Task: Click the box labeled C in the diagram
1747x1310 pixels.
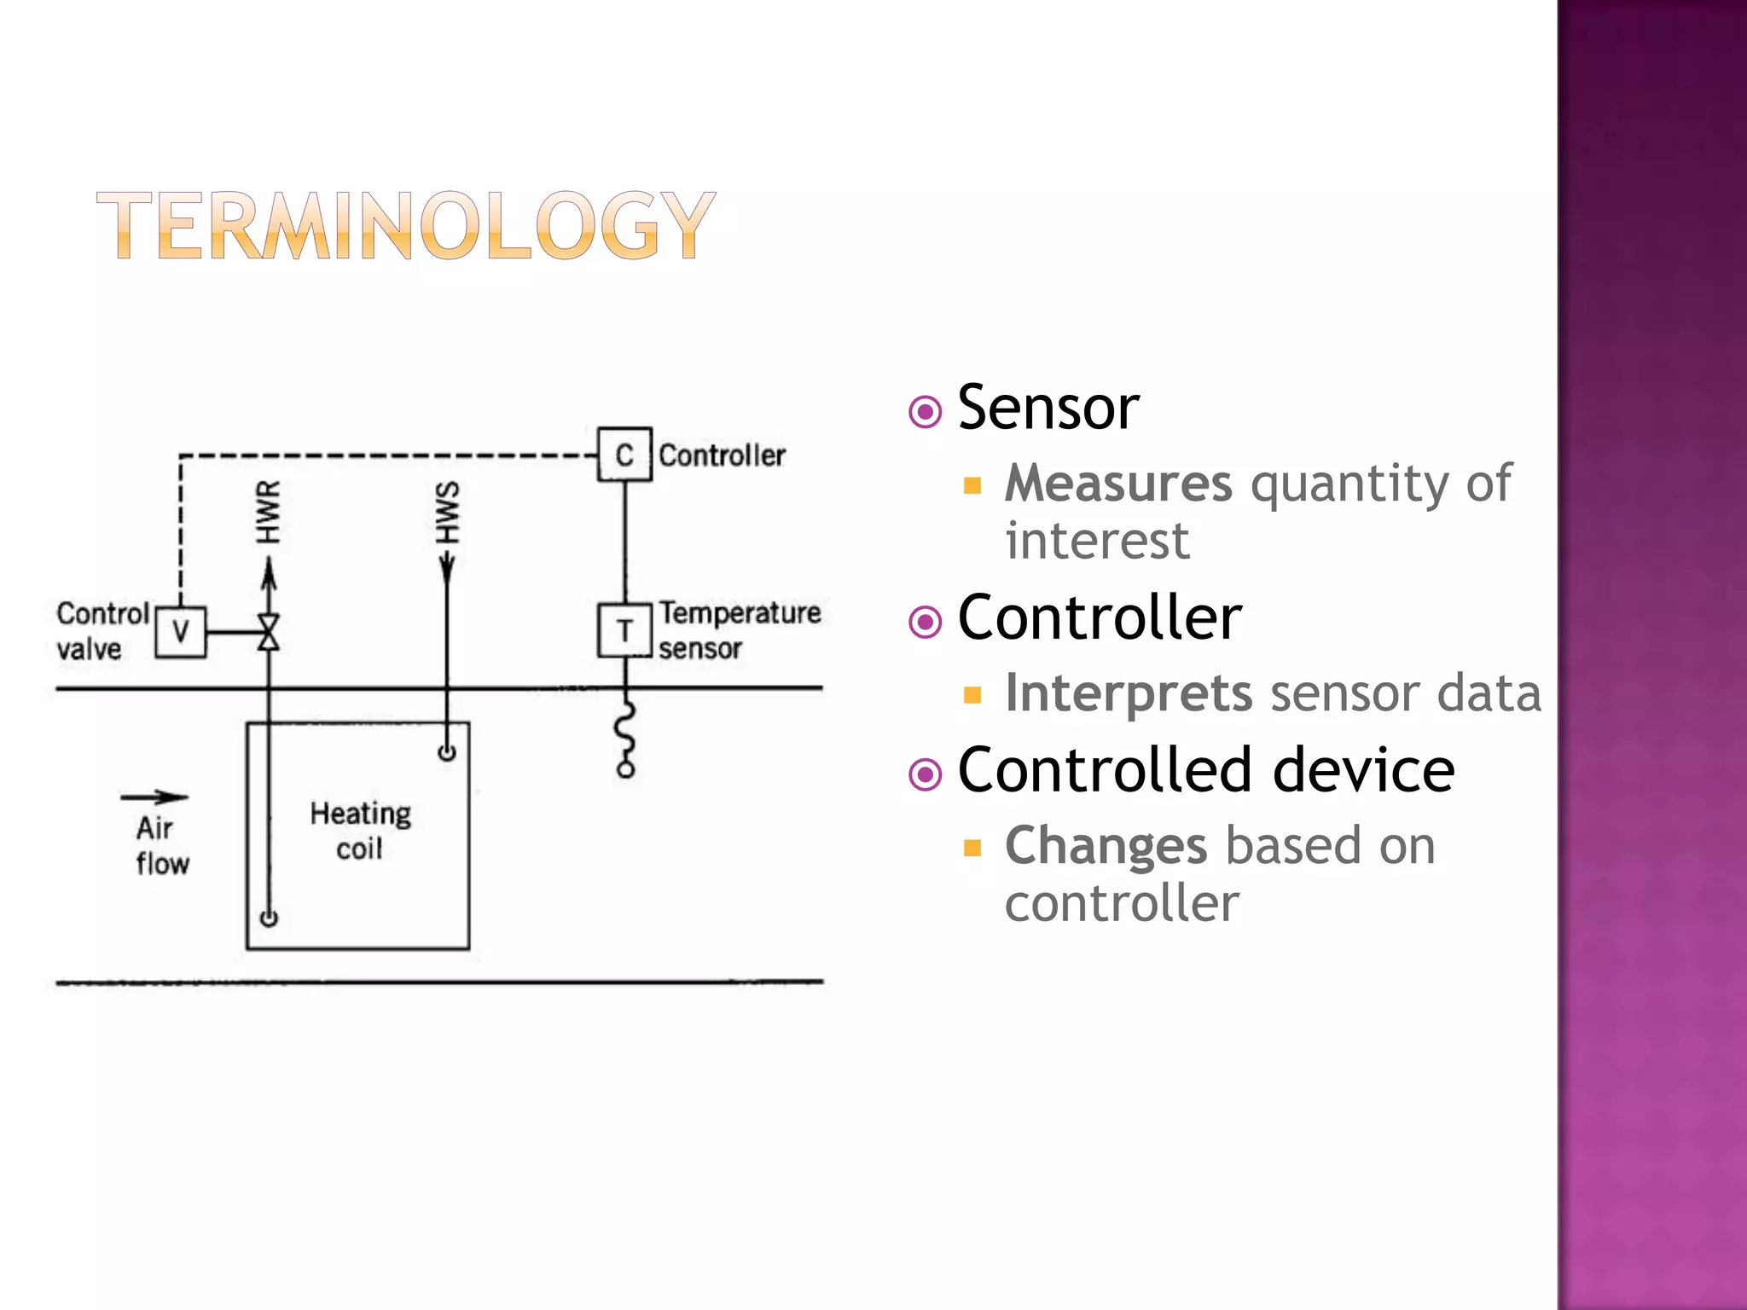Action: point(624,455)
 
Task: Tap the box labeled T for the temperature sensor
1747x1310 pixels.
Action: point(624,631)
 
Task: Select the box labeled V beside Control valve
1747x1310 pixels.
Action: point(180,632)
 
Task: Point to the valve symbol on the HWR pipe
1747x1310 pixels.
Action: point(269,632)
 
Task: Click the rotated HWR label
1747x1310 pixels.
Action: point(268,512)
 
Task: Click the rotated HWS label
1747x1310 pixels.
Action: point(447,512)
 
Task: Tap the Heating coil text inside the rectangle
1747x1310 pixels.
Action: point(360,831)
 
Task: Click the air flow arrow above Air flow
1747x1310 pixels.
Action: point(154,797)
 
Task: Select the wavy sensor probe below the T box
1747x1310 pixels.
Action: point(625,738)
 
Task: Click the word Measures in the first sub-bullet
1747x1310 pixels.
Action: point(1118,484)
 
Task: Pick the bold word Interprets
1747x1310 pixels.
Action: point(1129,693)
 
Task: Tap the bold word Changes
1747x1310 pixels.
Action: point(1106,846)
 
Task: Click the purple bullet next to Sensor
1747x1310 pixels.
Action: point(926,412)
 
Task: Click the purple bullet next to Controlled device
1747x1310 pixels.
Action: point(926,774)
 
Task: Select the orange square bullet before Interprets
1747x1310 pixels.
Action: point(972,694)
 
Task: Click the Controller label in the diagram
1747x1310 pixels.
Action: point(722,455)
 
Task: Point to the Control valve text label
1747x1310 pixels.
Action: point(101,631)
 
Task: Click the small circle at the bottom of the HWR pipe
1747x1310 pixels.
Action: point(269,919)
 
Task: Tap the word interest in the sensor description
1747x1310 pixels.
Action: point(1097,541)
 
